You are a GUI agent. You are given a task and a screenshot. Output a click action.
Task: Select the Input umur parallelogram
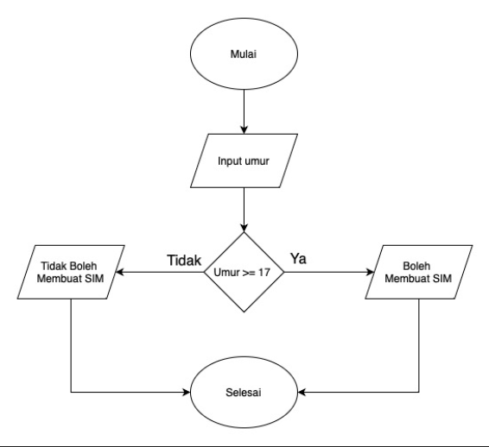(244, 161)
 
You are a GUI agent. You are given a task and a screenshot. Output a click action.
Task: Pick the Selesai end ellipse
(244, 393)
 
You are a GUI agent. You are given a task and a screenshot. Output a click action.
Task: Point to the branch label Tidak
(184, 257)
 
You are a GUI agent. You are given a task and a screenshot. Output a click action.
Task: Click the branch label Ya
(297, 257)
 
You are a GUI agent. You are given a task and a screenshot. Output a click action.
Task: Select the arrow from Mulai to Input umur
(244, 108)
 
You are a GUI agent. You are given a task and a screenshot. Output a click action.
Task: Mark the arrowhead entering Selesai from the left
(187, 393)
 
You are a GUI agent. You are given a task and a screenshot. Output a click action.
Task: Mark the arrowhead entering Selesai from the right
(302, 393)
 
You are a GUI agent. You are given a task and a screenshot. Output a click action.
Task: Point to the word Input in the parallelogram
(231, 161)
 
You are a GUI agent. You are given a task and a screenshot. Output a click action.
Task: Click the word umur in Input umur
(258, 161)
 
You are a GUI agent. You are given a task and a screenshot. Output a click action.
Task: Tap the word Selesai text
(244, 393)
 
